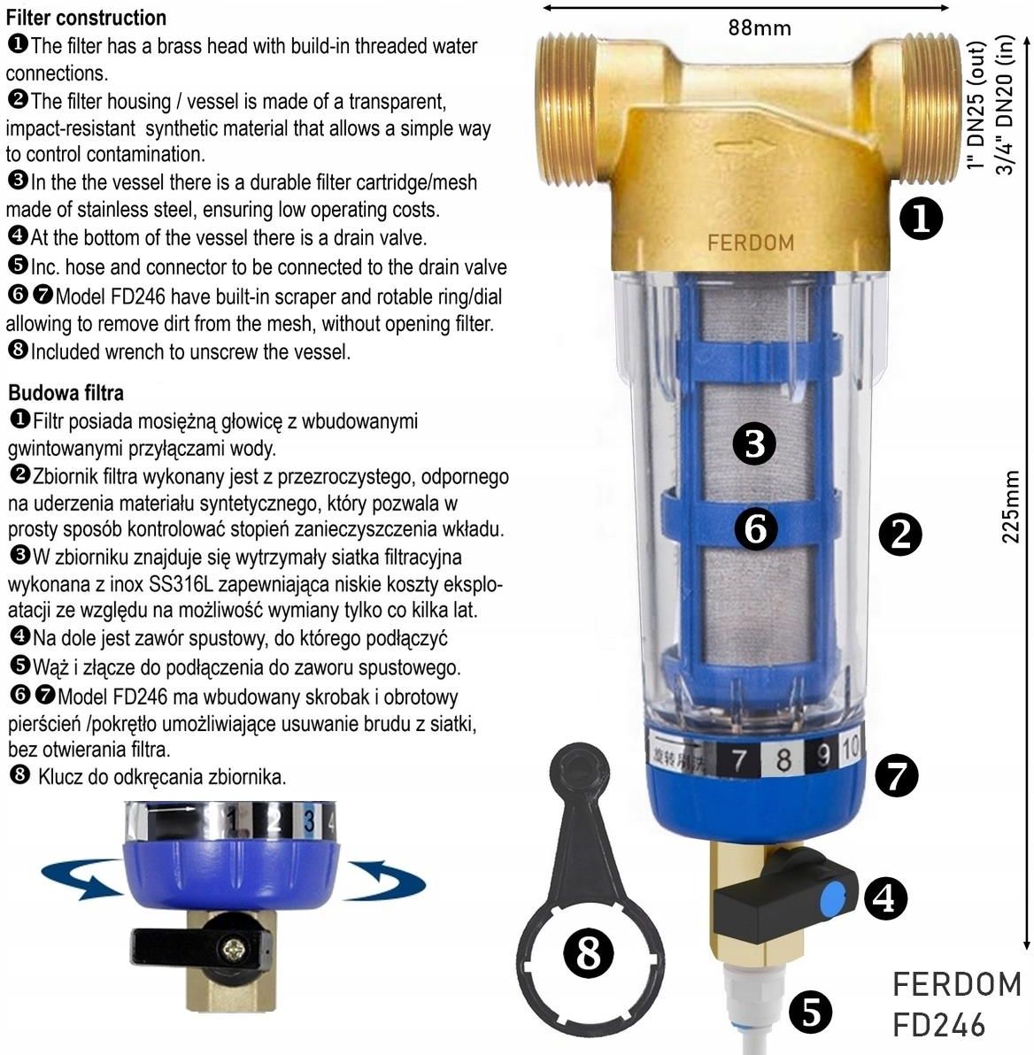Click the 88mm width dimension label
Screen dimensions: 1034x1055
[760, 28]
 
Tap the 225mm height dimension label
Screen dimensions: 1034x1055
[1011, 506]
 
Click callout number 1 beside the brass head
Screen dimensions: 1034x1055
[922, 219]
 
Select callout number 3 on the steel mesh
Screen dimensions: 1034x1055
[754, 444]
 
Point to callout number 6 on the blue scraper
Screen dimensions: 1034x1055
[755, 528]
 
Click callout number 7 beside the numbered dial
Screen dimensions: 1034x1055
[897, 775]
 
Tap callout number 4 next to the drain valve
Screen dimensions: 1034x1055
[885, 898]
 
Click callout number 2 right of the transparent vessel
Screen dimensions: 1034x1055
[900, 535]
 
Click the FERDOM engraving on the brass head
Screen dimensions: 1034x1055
[751, 243]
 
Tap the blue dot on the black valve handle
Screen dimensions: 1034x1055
[833, 899]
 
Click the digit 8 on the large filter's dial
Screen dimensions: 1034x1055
[783, 759]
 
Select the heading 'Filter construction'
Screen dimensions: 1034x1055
[86, 18]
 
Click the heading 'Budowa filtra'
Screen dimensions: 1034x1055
[66, 393]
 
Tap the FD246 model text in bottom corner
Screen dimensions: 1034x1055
[939, 1026]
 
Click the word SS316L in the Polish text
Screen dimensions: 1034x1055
[181, 585]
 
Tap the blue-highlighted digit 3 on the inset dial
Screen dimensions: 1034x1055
[309, 820]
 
